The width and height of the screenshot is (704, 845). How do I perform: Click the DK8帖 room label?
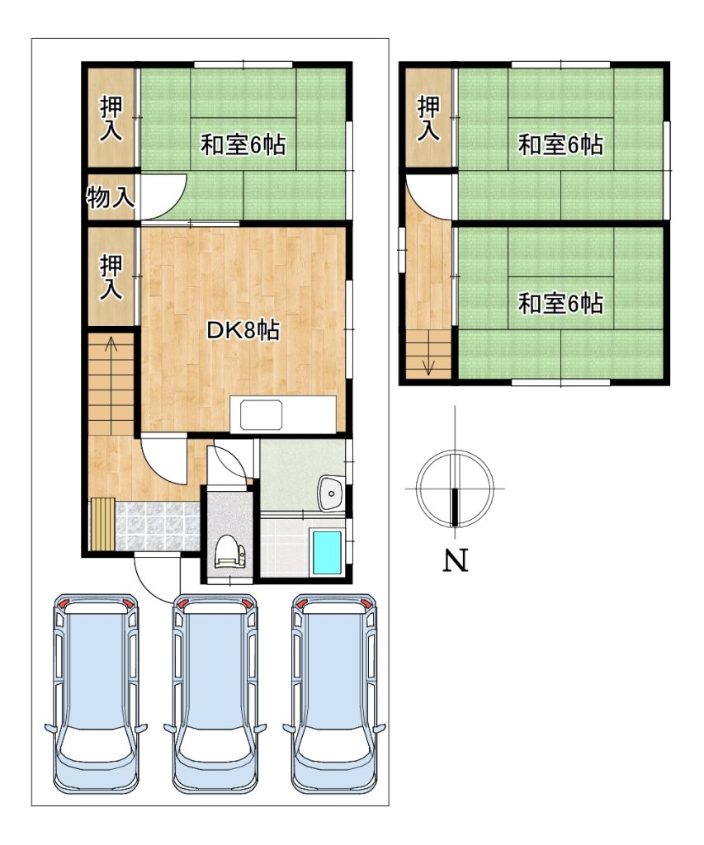[243, 330]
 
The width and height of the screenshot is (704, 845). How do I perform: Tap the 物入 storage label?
[111, 197]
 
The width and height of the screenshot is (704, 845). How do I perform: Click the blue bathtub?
[327, 552]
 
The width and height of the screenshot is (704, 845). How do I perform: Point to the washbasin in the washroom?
[331, 493]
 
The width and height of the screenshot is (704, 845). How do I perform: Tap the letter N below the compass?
[456, 560]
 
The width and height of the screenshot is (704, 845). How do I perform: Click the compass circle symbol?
[456, 489]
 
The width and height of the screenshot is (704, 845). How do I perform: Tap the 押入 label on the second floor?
[429, 118]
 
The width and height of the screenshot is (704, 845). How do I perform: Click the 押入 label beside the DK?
[111, 277]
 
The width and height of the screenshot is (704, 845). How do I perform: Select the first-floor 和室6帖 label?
[243, 144]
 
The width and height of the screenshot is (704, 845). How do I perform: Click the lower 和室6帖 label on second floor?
[560, 304]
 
